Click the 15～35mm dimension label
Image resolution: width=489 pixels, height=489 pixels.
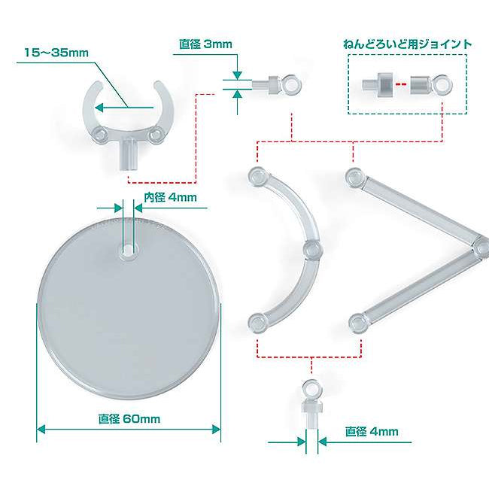[x=56, y=53]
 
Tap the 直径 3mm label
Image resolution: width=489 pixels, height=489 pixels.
[x=206, y=44]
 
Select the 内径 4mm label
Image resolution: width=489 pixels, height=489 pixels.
[x=170, y=197]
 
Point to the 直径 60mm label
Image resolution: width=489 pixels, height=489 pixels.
[x=129, y=418]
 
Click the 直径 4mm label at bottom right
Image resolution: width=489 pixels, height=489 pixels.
[x=372, y=432]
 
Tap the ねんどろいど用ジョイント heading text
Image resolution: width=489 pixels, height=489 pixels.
[x=407, y=44]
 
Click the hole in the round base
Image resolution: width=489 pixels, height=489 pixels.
[x=128, y=250]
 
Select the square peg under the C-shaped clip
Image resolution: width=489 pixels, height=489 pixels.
[x=129, y=154]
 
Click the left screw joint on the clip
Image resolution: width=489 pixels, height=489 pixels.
[x=101, y=135]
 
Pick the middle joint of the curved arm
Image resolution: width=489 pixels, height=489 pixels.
[x=312, y=250]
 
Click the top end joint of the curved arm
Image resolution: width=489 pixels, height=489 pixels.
[x=257, y=177]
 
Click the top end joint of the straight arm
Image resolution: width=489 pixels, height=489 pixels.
[x=355, y=178]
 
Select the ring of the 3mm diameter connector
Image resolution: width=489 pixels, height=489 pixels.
[x=292, y=84]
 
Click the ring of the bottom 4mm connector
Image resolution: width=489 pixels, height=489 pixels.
[x=311, y=389]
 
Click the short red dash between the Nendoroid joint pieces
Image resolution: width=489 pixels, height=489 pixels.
[x=401, y=84]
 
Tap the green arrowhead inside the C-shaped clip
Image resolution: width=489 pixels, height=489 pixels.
[x=99, y=108]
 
